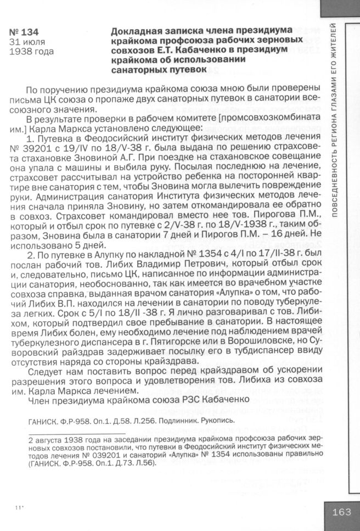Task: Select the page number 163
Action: (341, 512)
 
